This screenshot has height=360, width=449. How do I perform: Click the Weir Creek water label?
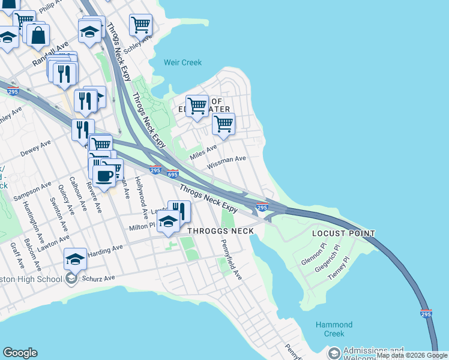[183, 62]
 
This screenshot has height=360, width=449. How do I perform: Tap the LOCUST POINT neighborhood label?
[343, 233]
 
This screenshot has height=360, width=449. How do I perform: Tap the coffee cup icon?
[105, 175]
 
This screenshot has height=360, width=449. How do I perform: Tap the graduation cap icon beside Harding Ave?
[75, 259]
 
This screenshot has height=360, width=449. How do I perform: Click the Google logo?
[20, 353]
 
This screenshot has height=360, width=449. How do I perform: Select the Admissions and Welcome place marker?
[334, 353]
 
